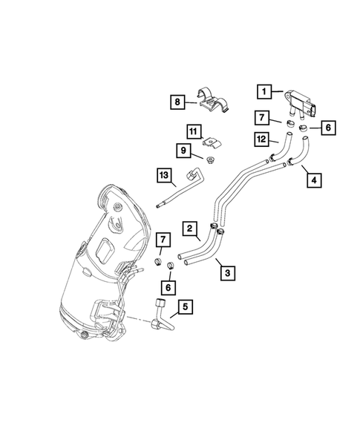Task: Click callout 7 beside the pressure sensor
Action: pyautogui.click(x=262, y=119)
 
